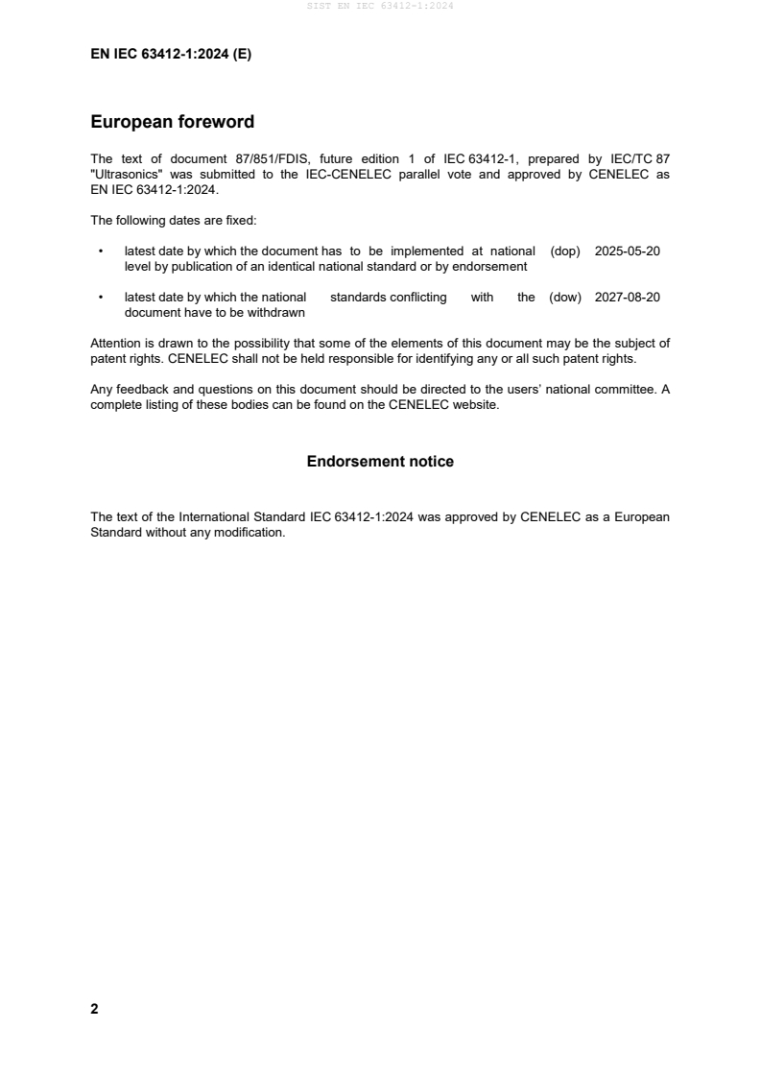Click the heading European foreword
click(x=172, y=122)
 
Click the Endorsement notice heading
click(x=380, y=462)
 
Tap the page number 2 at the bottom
click(x=94, y=1009)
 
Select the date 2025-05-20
click(x=627, y=251)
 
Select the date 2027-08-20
click(x=627, y=298)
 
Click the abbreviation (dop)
click(x=566, y=251)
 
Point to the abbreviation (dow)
click(x=565, y=298)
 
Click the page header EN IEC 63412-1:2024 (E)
click(x=171, y=55)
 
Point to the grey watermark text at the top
click(x=380, y=6)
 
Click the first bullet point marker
click(x=101, y=251)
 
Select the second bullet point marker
click(x=101, y=299)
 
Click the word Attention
click(x=116, y=344)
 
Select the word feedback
click(x=139, y=391)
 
